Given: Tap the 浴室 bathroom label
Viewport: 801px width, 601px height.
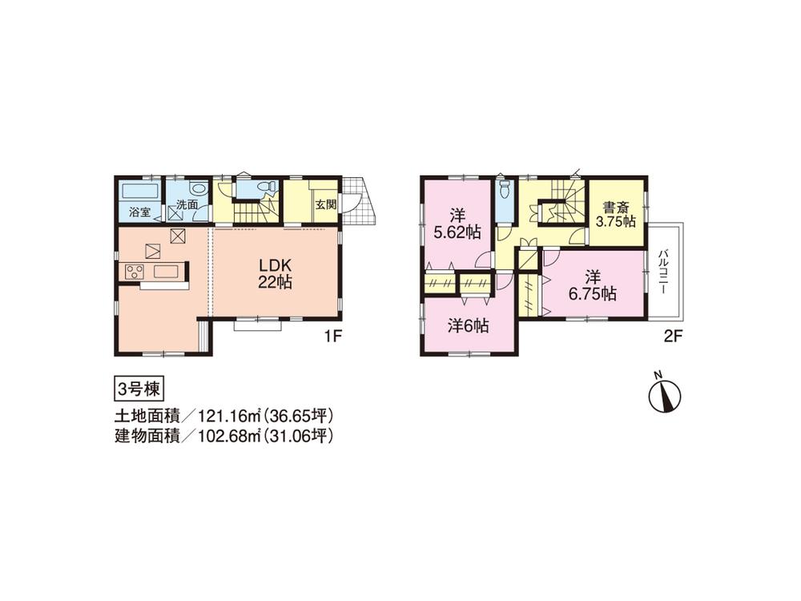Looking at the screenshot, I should (x=140, y=212).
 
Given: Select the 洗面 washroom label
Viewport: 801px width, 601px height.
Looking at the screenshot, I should (x=187, y=205).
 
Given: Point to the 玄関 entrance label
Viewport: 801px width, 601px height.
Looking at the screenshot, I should (x=324, y=204).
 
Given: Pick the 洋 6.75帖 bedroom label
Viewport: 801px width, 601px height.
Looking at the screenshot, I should (x=594, y=285).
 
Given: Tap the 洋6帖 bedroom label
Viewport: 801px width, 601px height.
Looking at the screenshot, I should (x=468, y=326).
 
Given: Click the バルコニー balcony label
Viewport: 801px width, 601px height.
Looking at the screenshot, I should (x=664, y=273).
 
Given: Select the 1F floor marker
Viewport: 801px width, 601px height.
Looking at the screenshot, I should (x=333, y=337).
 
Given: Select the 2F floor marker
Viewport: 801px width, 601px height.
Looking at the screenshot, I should (x=671, y=337).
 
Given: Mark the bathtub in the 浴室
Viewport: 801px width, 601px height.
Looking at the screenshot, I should (x=140, y=192).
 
